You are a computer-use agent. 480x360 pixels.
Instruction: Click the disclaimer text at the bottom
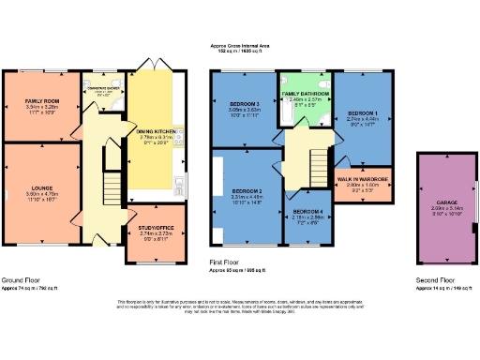tap(239, 304)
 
